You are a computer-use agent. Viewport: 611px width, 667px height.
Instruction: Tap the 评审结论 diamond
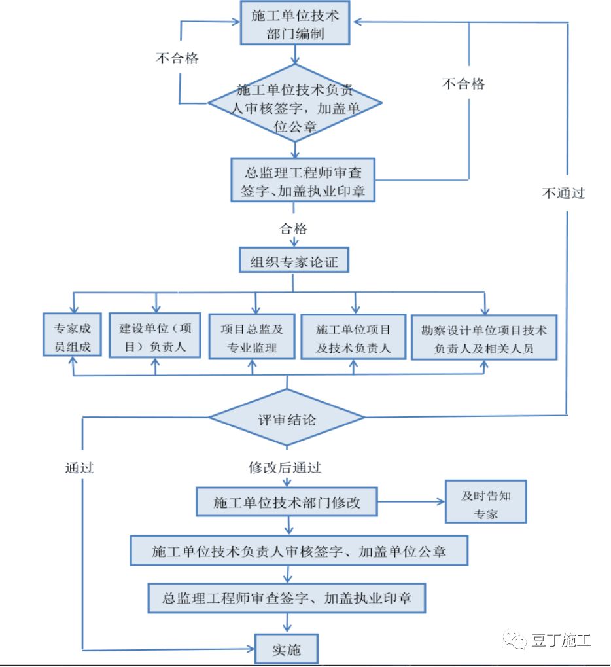[x=287, y=418]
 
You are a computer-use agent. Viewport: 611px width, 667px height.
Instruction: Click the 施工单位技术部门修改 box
[x=287, y=503]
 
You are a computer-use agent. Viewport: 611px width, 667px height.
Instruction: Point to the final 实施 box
[x=286, y=649]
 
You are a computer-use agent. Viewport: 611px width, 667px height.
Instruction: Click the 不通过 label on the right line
[x=563, y=193]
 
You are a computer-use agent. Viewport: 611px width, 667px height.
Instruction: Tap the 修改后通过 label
[x=285, y=467]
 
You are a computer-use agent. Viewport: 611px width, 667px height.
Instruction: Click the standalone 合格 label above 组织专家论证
[x=294, y=228]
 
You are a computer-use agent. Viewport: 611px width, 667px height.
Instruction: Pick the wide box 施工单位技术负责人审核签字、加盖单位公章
[x=298, y=551]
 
